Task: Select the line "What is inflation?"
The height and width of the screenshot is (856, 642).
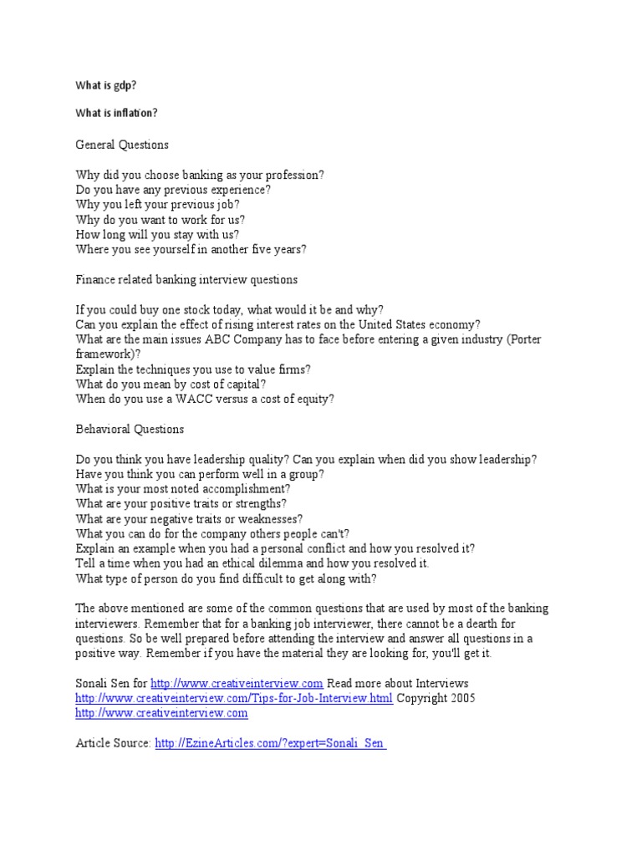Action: (116, 113)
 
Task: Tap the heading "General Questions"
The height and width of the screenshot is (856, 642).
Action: (122, 145)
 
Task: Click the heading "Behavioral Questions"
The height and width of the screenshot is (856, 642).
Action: (130, 429)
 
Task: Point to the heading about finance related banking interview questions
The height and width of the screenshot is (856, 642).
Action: (186, 279)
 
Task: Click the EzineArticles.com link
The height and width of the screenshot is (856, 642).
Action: (270, 742)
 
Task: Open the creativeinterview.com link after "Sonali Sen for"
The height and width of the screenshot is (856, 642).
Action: (237, 683)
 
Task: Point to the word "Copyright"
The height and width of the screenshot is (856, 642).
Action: (420, 698)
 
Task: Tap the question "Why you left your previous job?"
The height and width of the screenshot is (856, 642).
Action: (157, 205)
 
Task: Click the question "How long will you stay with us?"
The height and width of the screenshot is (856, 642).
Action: (157, 235)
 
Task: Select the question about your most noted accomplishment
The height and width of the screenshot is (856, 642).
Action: (183, 488)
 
